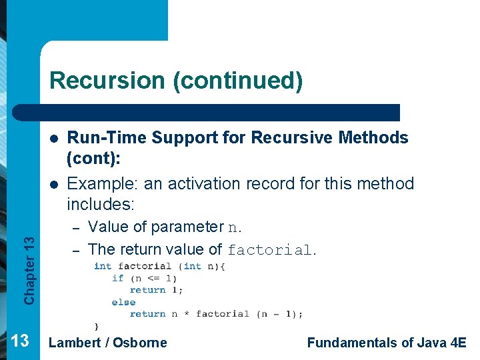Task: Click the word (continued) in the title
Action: (x=237, y=81)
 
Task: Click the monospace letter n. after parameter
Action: (x=235, y=227)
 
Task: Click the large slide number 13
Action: (x=20, y=341)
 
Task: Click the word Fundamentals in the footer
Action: (x=351, y=343)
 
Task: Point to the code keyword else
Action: (x=123, y=302)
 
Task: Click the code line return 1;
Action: (x=157, y=290)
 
